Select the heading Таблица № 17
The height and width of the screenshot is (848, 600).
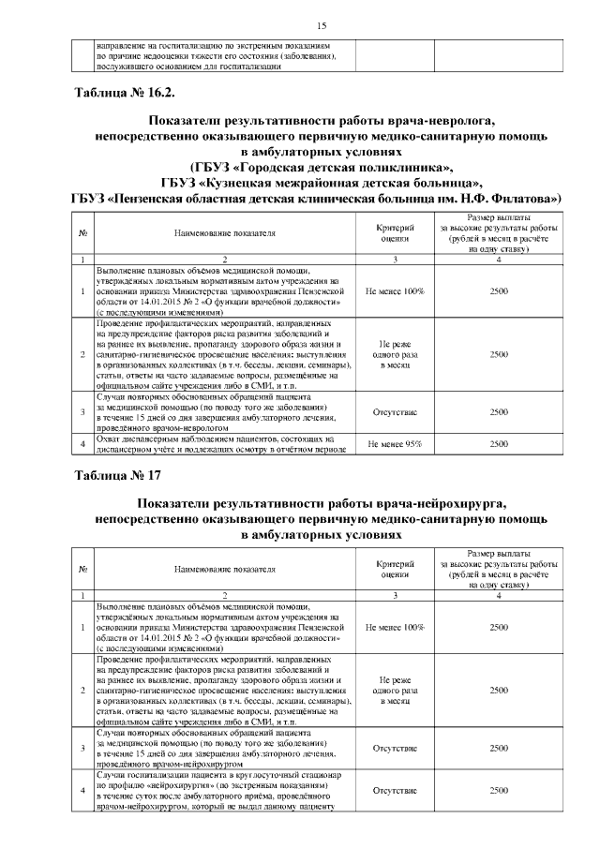pos(117,473)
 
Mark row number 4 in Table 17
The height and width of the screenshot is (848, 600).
pos(83,791)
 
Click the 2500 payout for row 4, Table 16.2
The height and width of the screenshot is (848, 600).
pos(499,444)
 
